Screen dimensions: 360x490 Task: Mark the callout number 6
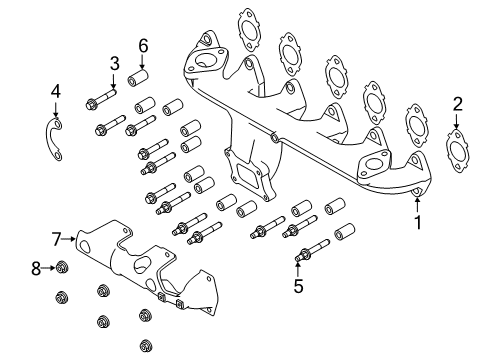(x=143, y=45)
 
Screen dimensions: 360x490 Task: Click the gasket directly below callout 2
(x=457, y=151)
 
